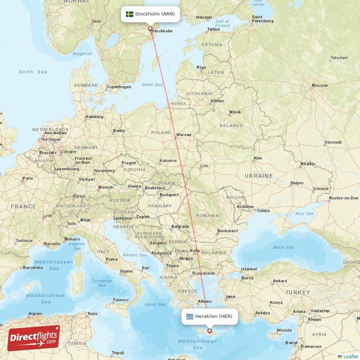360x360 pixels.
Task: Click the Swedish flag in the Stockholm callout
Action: tap(129, 14)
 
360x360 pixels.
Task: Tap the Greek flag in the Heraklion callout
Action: tap(189, 316)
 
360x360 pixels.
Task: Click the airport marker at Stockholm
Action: tap(150, 28)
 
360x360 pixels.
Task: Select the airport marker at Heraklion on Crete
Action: tap(209, 331)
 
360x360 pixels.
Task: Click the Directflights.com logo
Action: tap(33, 337)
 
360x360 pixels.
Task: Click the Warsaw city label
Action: tap(184, 135)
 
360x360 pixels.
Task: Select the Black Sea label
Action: tap(283, 247)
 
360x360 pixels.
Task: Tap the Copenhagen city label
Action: tap(119, 87)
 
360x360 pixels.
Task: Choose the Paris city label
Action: tap(27, 179)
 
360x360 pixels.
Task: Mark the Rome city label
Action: tap(111, 259)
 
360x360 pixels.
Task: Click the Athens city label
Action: tap(205, 301)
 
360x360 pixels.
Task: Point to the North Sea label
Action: tap(32, 72)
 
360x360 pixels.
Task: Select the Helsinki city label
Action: tap(204, 18)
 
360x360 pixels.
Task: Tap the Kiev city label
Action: tap(258, 158)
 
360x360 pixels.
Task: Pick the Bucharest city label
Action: tap(227, 231)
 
